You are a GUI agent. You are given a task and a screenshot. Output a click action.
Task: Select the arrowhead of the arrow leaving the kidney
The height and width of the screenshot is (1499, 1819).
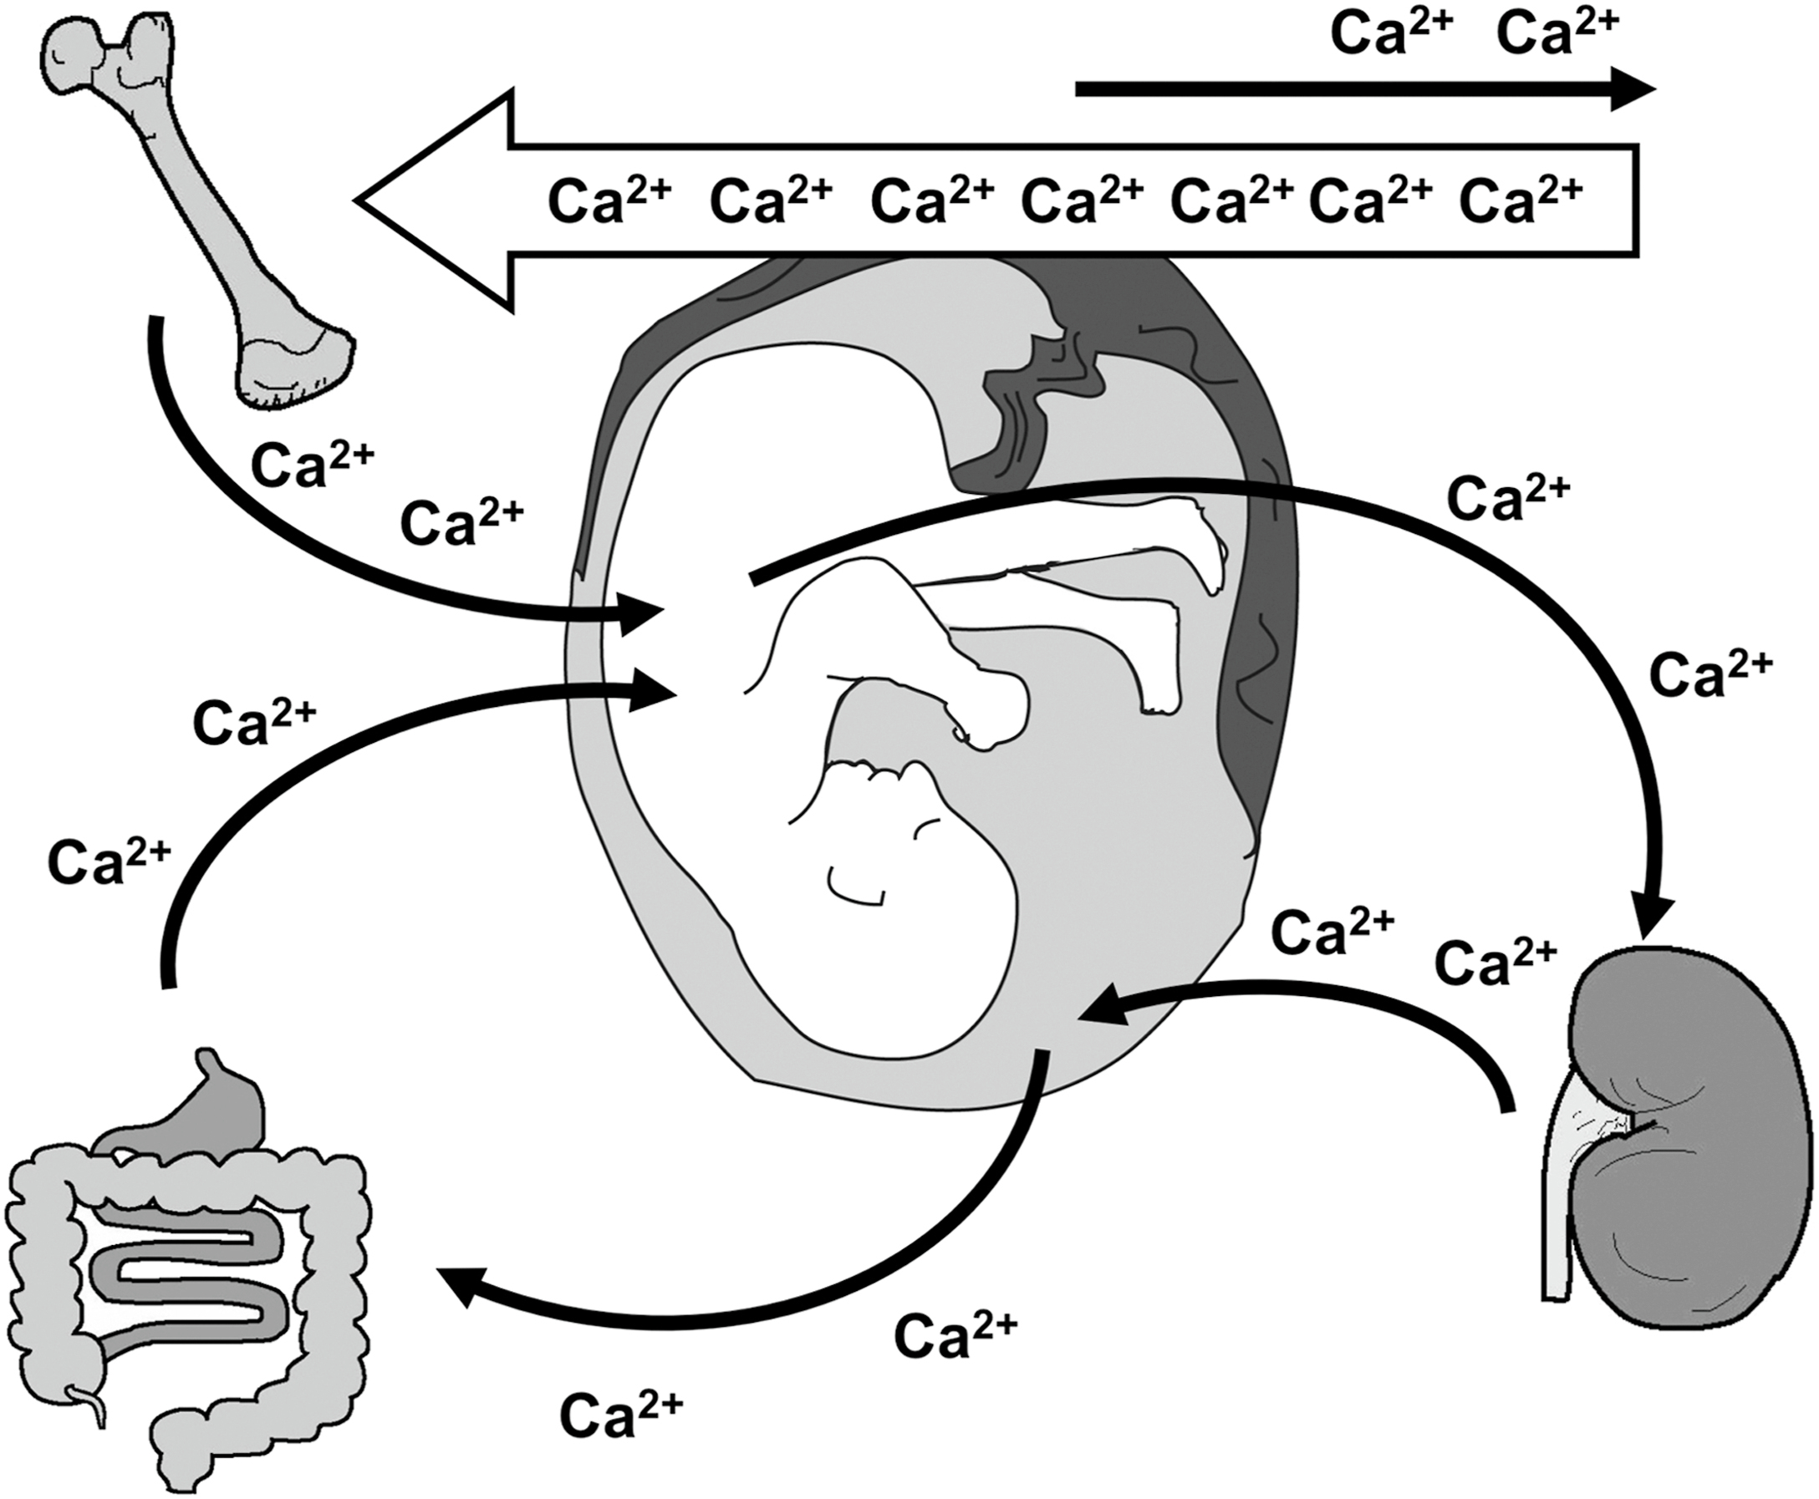tap(1110, 1007)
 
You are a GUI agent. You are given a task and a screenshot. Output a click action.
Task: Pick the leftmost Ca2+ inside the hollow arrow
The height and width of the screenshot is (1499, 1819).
tap(609, 201)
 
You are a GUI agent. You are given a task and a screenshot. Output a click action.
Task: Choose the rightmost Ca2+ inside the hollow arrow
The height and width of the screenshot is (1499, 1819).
tap(1520, 201)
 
